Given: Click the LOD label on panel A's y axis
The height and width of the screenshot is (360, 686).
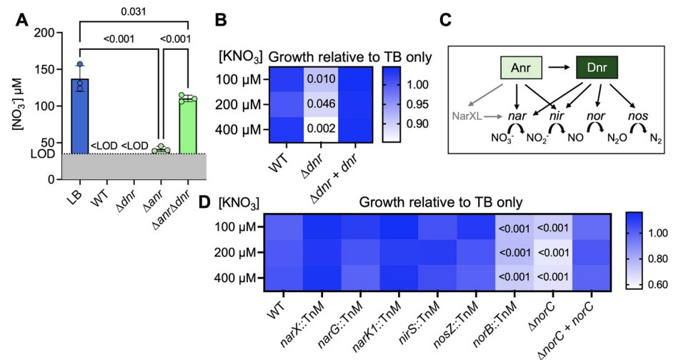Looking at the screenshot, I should pos(38,153).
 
